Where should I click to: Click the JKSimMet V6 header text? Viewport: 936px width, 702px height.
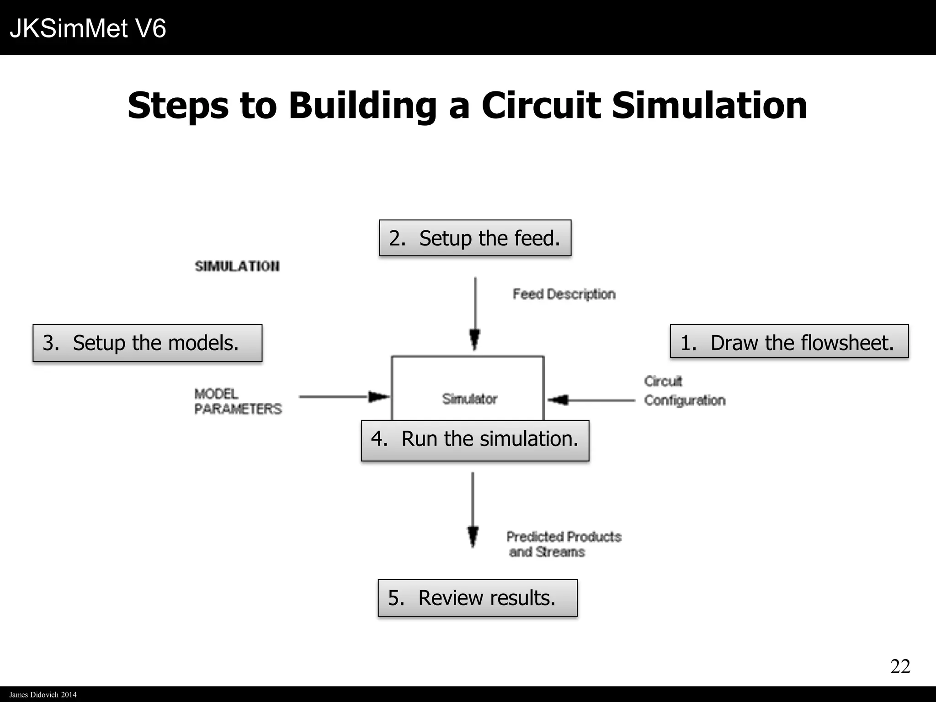pyautogui.click(x=88, y=28)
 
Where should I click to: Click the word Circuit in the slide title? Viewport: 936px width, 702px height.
pyautogui.click(x=541, y=106)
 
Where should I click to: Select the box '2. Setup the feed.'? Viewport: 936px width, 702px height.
pyautogui.click(x=475, y=238)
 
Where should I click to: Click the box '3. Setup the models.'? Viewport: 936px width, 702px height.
pyautogui.click(x=147, y=343)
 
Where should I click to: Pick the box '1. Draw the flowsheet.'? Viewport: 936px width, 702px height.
pyautogui.click(x=789, y=341)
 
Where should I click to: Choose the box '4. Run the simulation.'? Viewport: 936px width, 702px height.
pyautogui.click(x=475, y=440)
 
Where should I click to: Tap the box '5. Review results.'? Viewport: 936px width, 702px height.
pyautogui.click(x=477, y=598)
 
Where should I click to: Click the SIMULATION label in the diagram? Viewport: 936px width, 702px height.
pyautogui.click(x=237, y=266)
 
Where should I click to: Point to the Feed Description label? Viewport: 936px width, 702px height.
pyautogui.click(x=564, y=294)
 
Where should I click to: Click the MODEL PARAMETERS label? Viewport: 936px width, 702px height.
pyautogui.click(x=238, y=401)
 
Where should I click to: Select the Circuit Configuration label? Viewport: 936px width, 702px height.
pyautogui.click(x=684, y=391)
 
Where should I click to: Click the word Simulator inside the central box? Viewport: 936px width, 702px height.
pyautogui.click(x=469, y=399)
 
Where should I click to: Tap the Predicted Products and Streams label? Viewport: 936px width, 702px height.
pyautogui.click(x=564, y=544)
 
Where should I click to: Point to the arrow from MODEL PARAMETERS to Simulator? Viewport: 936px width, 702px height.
pyautogui.click(x=343, y=397)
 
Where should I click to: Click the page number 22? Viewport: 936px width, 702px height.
pyautogui.click(x=900, y=666)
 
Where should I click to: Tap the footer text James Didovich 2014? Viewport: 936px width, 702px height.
pyautogui.click(x=43, y=695)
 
